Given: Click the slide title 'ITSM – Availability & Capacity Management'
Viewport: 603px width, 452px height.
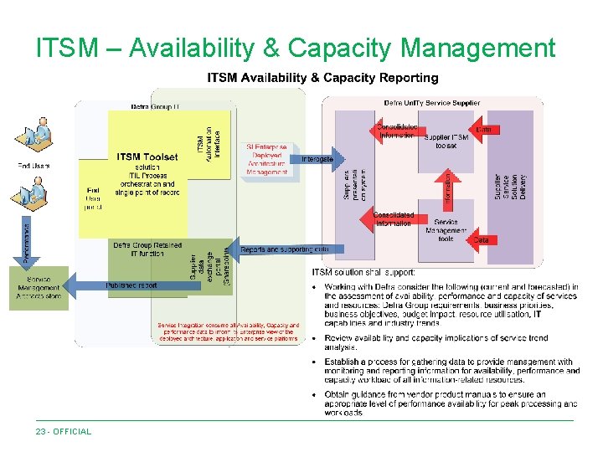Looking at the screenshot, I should tap(295, 48).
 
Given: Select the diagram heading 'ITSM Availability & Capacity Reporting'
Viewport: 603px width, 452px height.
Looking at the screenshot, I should tap(322, 78).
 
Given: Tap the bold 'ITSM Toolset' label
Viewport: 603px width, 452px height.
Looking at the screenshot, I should tap(147, 157).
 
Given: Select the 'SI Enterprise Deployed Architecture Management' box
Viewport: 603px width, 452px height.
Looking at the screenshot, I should tap(266, 160).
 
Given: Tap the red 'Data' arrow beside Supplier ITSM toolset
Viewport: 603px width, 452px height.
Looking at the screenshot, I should tap(479, 130).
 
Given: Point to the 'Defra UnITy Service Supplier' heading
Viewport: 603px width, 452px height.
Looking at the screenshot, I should tap(431, 103).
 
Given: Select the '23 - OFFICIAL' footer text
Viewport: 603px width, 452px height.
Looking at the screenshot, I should tap(64, 432).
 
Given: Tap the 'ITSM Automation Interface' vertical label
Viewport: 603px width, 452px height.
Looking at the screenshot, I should tap(214, 138).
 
